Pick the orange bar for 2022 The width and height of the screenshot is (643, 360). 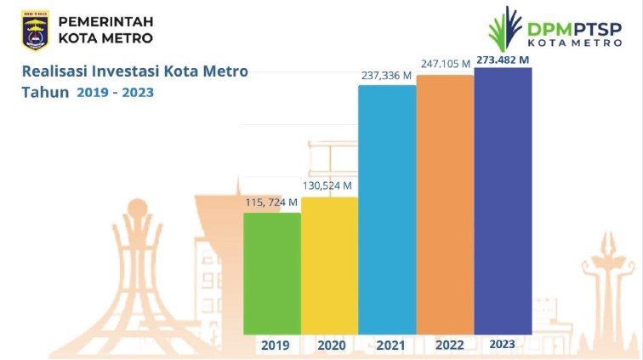pos(445,204)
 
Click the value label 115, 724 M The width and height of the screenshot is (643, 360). pos(270,203)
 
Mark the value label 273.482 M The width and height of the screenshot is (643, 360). pos(504,59)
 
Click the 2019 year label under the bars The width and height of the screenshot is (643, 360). pos(275,346)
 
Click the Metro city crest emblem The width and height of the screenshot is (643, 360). pos(34,29)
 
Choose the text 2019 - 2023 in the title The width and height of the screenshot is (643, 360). pos(115,93)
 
